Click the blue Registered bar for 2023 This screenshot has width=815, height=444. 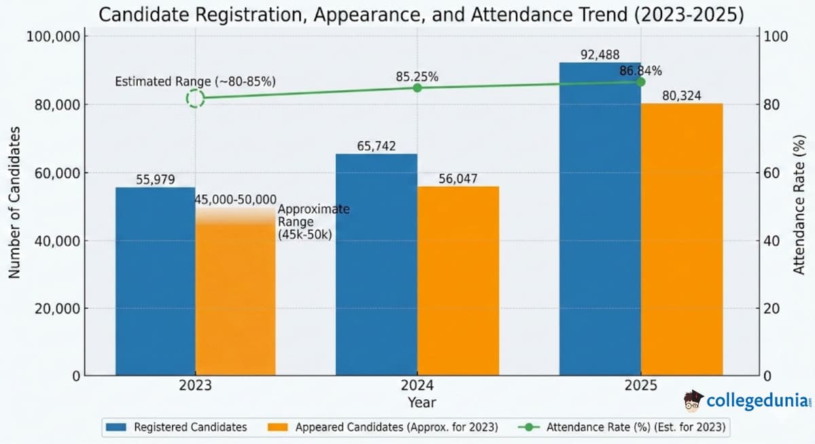[x=156, y=281]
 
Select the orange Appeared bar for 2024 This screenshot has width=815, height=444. [x=458, y=281]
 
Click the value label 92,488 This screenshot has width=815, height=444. [x=600, y=55]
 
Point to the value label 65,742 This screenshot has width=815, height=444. [x=376, y=146]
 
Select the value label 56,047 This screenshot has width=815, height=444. [x=458, y=179]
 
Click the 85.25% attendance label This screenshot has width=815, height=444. [x=417, y=77]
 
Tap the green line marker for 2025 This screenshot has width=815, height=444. [x=640, y=82]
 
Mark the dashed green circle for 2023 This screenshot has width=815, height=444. [x=196, y=98]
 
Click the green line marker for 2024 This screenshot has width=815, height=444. [x=417, y=88]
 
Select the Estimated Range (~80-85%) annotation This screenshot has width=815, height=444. [x=195, y=81]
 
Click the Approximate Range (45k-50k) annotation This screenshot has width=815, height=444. [x=313, y=221]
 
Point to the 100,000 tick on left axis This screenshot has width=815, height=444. [x=53, y=36]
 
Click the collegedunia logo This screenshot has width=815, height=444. [x=747, y=401]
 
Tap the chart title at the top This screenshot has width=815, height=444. [x=421, y=14]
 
